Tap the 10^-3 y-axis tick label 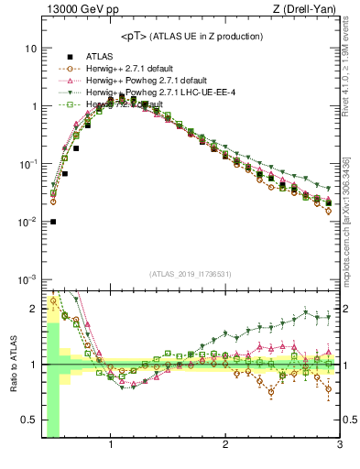point(28,279)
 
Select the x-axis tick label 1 point(111,447)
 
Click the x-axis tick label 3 point(339,447)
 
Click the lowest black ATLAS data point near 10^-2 point(53,222)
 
